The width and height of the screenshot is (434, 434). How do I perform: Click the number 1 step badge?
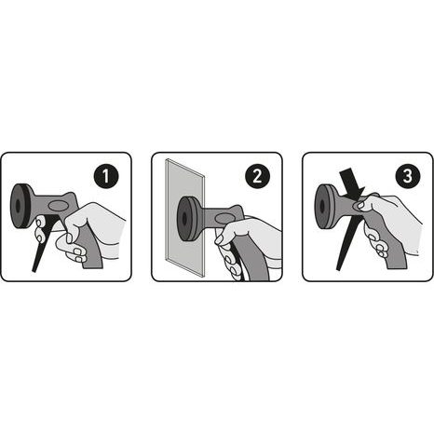click(106, 176)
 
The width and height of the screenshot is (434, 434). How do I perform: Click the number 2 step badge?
click(257, 176)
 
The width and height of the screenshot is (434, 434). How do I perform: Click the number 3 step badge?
click(408, 176)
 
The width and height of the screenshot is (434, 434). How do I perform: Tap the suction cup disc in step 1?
click(20, 206)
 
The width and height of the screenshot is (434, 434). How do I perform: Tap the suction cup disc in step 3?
click(324, 206)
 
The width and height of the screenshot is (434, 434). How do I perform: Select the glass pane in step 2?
click(184, 217)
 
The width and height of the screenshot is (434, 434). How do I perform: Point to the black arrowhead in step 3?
click(353, 183)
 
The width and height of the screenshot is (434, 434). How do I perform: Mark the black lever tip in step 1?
click(34, 271)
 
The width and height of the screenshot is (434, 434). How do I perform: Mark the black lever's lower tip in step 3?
click(339, 268)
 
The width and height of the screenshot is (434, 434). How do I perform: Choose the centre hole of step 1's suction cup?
click(17, 206)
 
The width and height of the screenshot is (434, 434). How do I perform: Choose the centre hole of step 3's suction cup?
click(320, 206)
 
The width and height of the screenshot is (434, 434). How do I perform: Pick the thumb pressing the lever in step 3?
click(362, 205)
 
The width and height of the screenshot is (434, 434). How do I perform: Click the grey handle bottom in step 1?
click(93, 264)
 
